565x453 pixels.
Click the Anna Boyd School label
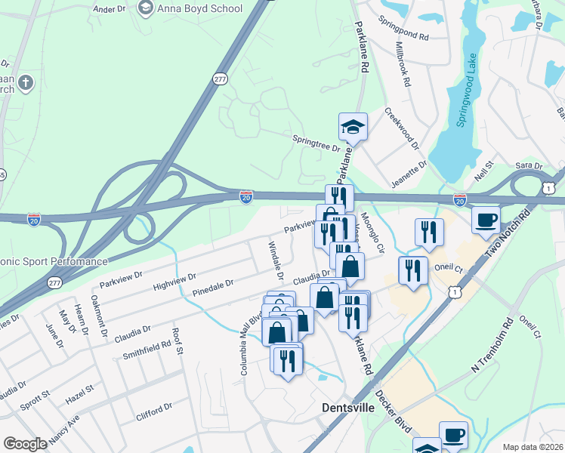tap(199, 9)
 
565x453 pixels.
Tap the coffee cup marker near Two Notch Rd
tap(486, 219)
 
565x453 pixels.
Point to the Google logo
tap(25, 444)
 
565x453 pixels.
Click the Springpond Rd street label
tap(404, 29)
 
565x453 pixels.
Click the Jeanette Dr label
tap(409, 174)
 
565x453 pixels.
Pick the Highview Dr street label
tap(174, 282)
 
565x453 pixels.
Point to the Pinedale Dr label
tap(212, 287)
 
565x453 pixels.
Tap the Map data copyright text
tap(532, 446)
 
